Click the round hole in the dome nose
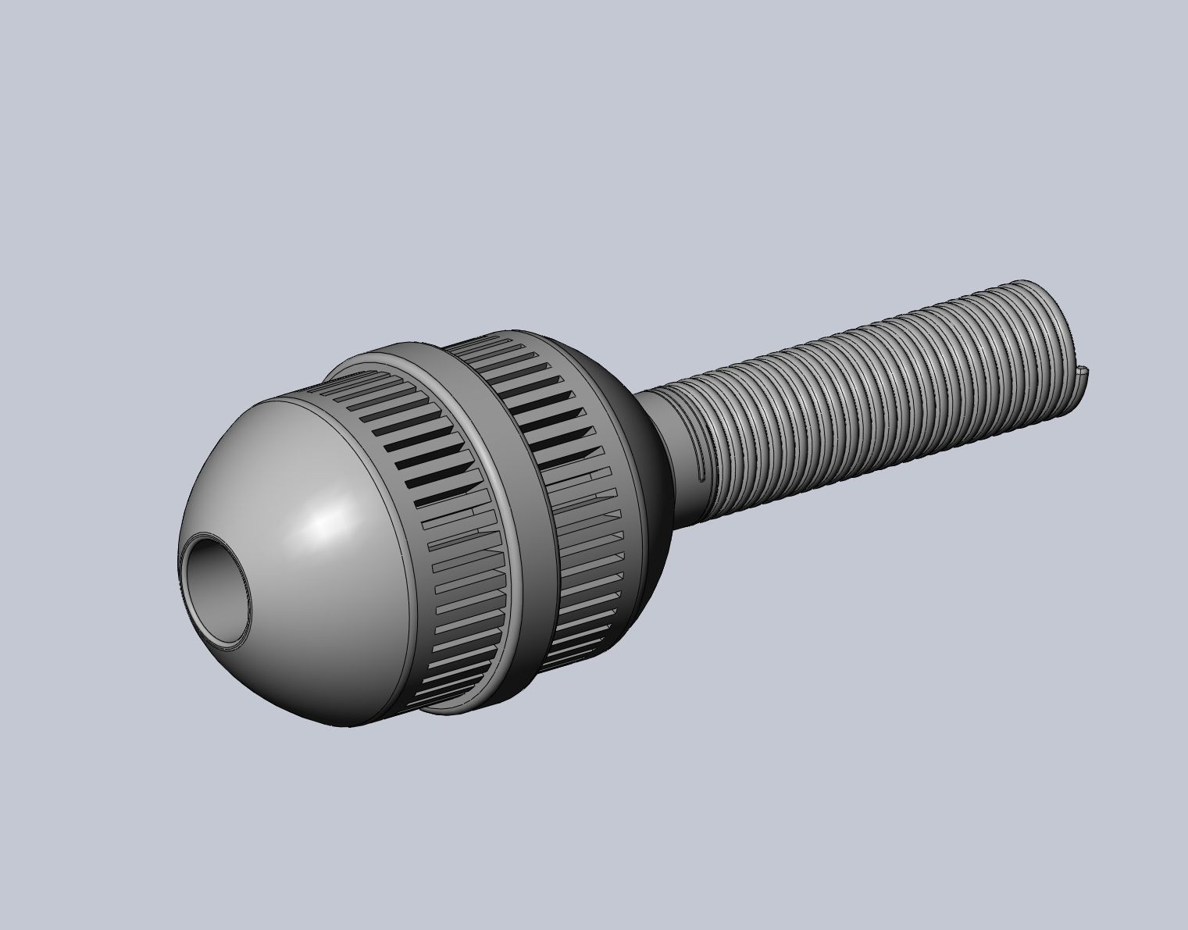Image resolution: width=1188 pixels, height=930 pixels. tap(216, 590)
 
